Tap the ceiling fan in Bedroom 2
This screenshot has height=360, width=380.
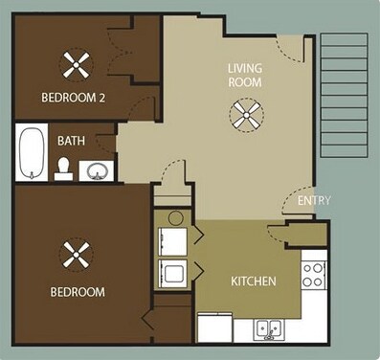point(77,65)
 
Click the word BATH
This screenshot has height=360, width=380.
point(71,141)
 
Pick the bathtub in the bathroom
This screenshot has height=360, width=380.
point(31,152)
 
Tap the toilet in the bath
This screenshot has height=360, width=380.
point(64,169)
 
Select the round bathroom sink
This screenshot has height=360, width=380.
point(97,172)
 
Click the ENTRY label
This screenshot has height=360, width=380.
point(314,201)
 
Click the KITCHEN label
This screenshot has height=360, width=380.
point(254,281)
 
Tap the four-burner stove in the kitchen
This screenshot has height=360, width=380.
point(314,275)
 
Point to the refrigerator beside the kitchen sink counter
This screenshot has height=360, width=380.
point(214,328)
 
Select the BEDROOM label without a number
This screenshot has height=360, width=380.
point(77,291)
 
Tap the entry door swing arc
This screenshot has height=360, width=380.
point(295,200)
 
